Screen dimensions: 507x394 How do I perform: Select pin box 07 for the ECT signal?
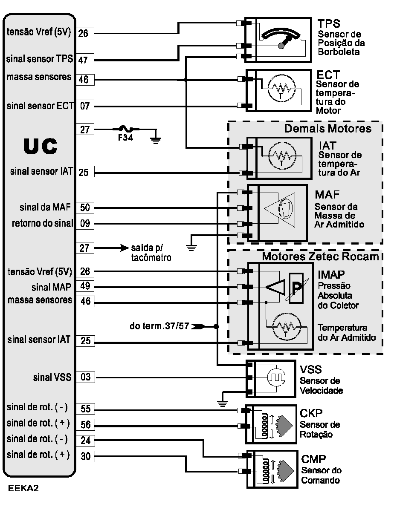(x=85, y=106)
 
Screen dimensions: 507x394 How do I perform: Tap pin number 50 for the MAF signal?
(x=85, y=208)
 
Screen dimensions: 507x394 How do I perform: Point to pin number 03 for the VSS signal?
(x=85, y=377)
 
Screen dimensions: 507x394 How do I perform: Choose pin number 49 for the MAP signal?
(x=85, y=286)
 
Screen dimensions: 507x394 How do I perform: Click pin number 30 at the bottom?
(x=85, y=456)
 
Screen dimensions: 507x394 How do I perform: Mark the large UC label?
(x=40, y=146)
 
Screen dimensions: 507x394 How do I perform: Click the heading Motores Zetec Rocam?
(x=320, y=256)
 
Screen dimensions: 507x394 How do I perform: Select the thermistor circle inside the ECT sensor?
(x=280, y=89)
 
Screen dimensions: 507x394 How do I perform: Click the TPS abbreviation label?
(x=329, y=23)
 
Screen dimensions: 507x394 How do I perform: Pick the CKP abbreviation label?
(x=311, y=413)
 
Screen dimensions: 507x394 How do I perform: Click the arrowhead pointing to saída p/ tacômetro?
(x=125, y=248)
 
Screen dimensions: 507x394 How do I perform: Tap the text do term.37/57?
(x=159, y=327)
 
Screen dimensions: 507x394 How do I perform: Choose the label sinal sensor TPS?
(x=40, y=58)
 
